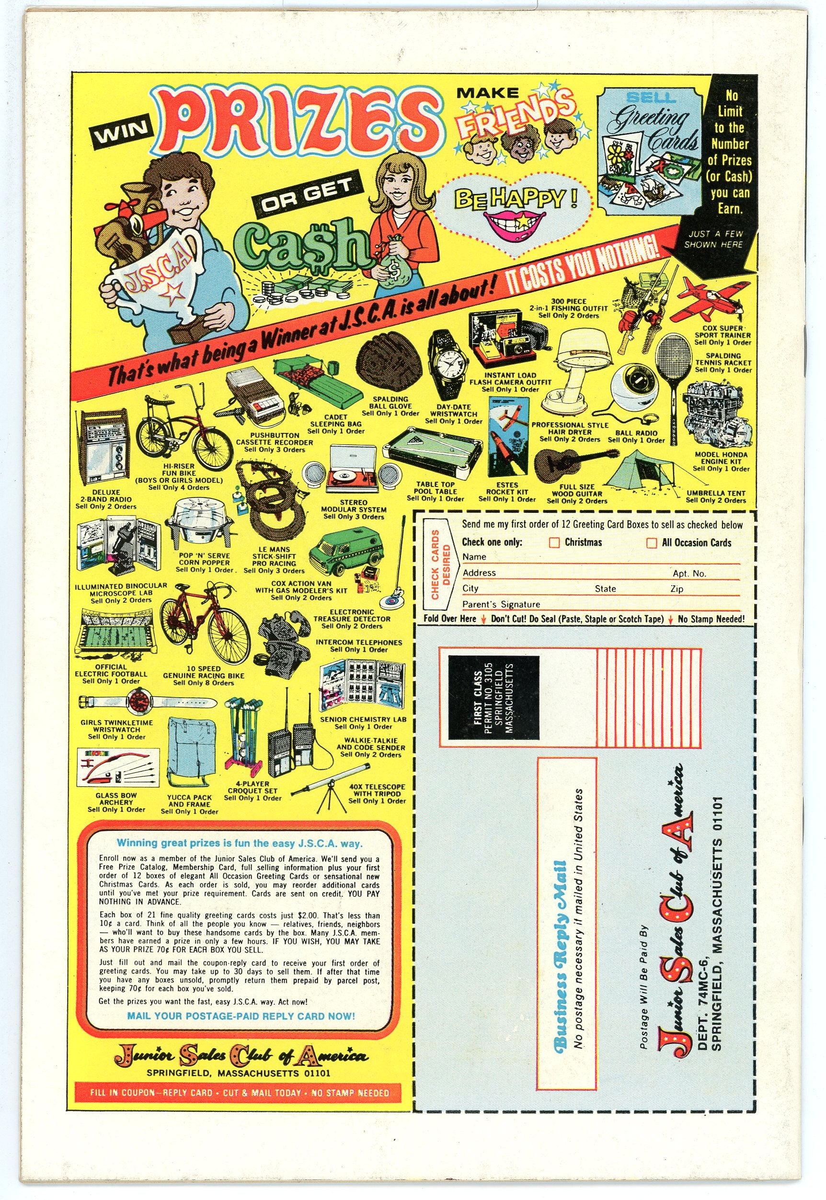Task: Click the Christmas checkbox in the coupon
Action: click(x=554, y=543)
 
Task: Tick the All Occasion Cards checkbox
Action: click(x=652, y=543)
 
